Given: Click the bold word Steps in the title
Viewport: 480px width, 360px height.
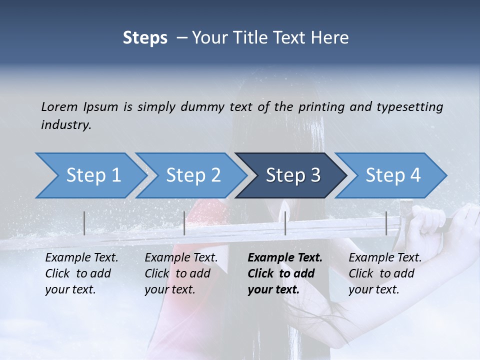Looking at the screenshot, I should pyautogui.click(x=145, y=37).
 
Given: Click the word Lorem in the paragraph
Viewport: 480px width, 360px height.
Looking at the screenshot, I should pyautogui.click(x=59, y=106).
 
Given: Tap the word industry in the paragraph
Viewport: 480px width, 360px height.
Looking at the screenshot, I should pyautogui.click(x=65, y=124).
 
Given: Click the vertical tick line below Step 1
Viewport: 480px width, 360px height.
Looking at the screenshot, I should pyautogui.click(x=84, y=223).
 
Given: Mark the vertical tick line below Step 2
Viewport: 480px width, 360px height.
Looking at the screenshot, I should pyautogui.click(x=184, y=223).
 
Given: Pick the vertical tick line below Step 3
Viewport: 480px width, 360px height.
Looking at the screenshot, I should pyautogui.click(x=285, y=223).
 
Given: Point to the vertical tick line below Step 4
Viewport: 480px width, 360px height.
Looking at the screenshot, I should pyautogui.click(x=386, y=223).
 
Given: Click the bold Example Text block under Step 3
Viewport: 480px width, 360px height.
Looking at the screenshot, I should pyautogui.click(x=284, y=273).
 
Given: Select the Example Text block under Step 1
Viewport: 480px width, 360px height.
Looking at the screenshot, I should pyautogui.click(x=81, y=273).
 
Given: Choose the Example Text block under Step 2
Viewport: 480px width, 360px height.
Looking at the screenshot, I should pyautogui.click(x=181, y=273).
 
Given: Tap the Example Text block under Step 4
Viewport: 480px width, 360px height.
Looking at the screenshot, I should pyautogui.click(x=384, y=273).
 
